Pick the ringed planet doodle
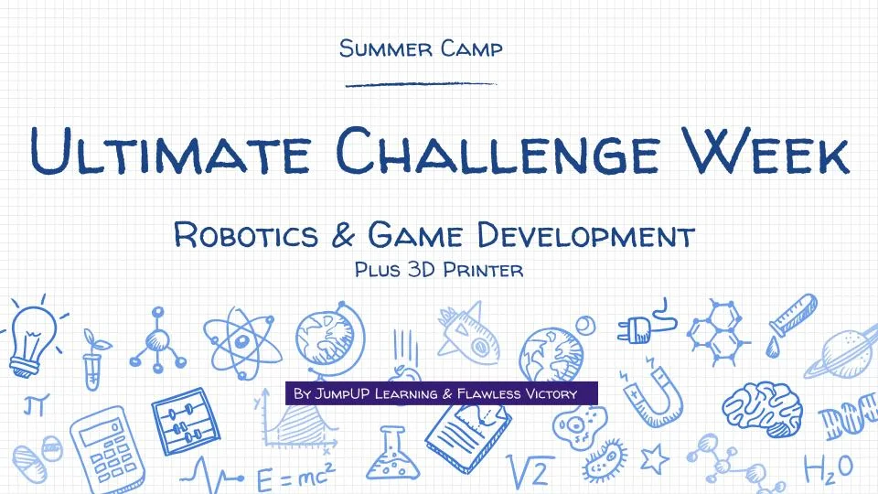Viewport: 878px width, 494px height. pos(846,353)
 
